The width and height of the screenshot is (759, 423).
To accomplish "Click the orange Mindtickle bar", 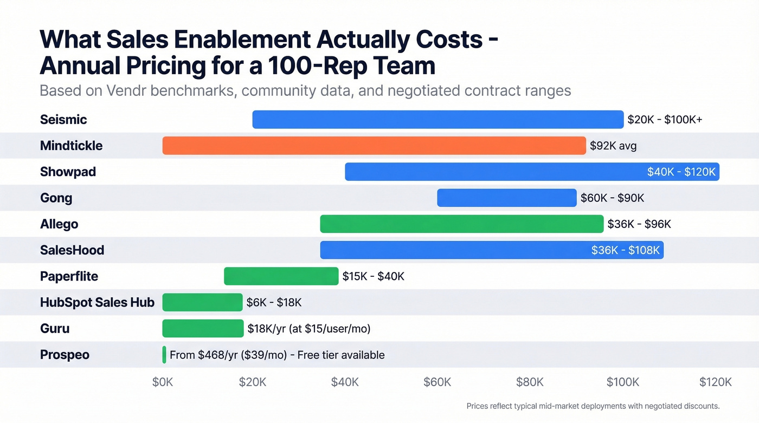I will point(374,146).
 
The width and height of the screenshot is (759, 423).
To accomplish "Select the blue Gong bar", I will point(506,198).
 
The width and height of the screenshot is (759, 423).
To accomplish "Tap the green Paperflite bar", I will point(281,276).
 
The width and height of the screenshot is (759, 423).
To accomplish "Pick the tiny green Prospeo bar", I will point(164,355).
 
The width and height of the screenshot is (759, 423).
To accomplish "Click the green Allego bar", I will point(461,224).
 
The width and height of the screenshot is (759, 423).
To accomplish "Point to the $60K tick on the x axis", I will point(437,382).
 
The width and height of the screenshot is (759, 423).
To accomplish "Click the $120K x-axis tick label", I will point(716,382).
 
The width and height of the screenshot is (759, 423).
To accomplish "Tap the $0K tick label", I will point(163,382).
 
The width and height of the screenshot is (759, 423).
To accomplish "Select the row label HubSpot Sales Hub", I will point(97,302).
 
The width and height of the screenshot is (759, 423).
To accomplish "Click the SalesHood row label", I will point(72,250).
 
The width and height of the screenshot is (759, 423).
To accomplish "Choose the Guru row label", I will point(55,328).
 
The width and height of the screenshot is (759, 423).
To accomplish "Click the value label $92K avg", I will point(613,146).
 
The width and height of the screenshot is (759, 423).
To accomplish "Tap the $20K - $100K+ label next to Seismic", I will point(665,120).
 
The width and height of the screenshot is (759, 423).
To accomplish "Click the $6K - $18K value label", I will point(274,302).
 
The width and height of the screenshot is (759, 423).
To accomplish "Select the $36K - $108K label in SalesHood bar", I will point(626,250).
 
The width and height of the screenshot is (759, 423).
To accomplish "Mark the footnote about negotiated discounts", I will point(593,406).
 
